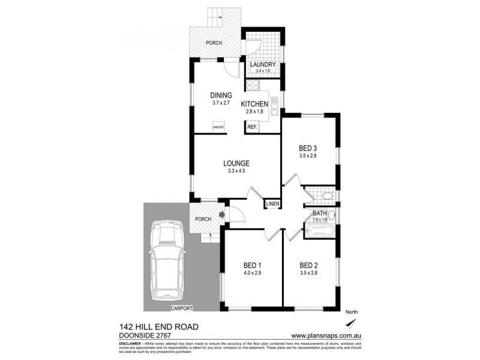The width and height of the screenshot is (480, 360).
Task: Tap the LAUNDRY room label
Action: tap(263, 65)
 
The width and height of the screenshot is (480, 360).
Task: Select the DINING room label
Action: tap(220, 95)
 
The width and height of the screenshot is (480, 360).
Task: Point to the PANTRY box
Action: tap(218, 127)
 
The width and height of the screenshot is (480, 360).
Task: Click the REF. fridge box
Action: tap(252, 127)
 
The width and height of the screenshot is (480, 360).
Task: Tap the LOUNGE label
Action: tap(236, 163)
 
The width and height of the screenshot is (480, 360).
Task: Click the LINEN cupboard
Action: tap(272, 205)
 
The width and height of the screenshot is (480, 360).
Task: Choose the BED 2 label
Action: tap(308, 265)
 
